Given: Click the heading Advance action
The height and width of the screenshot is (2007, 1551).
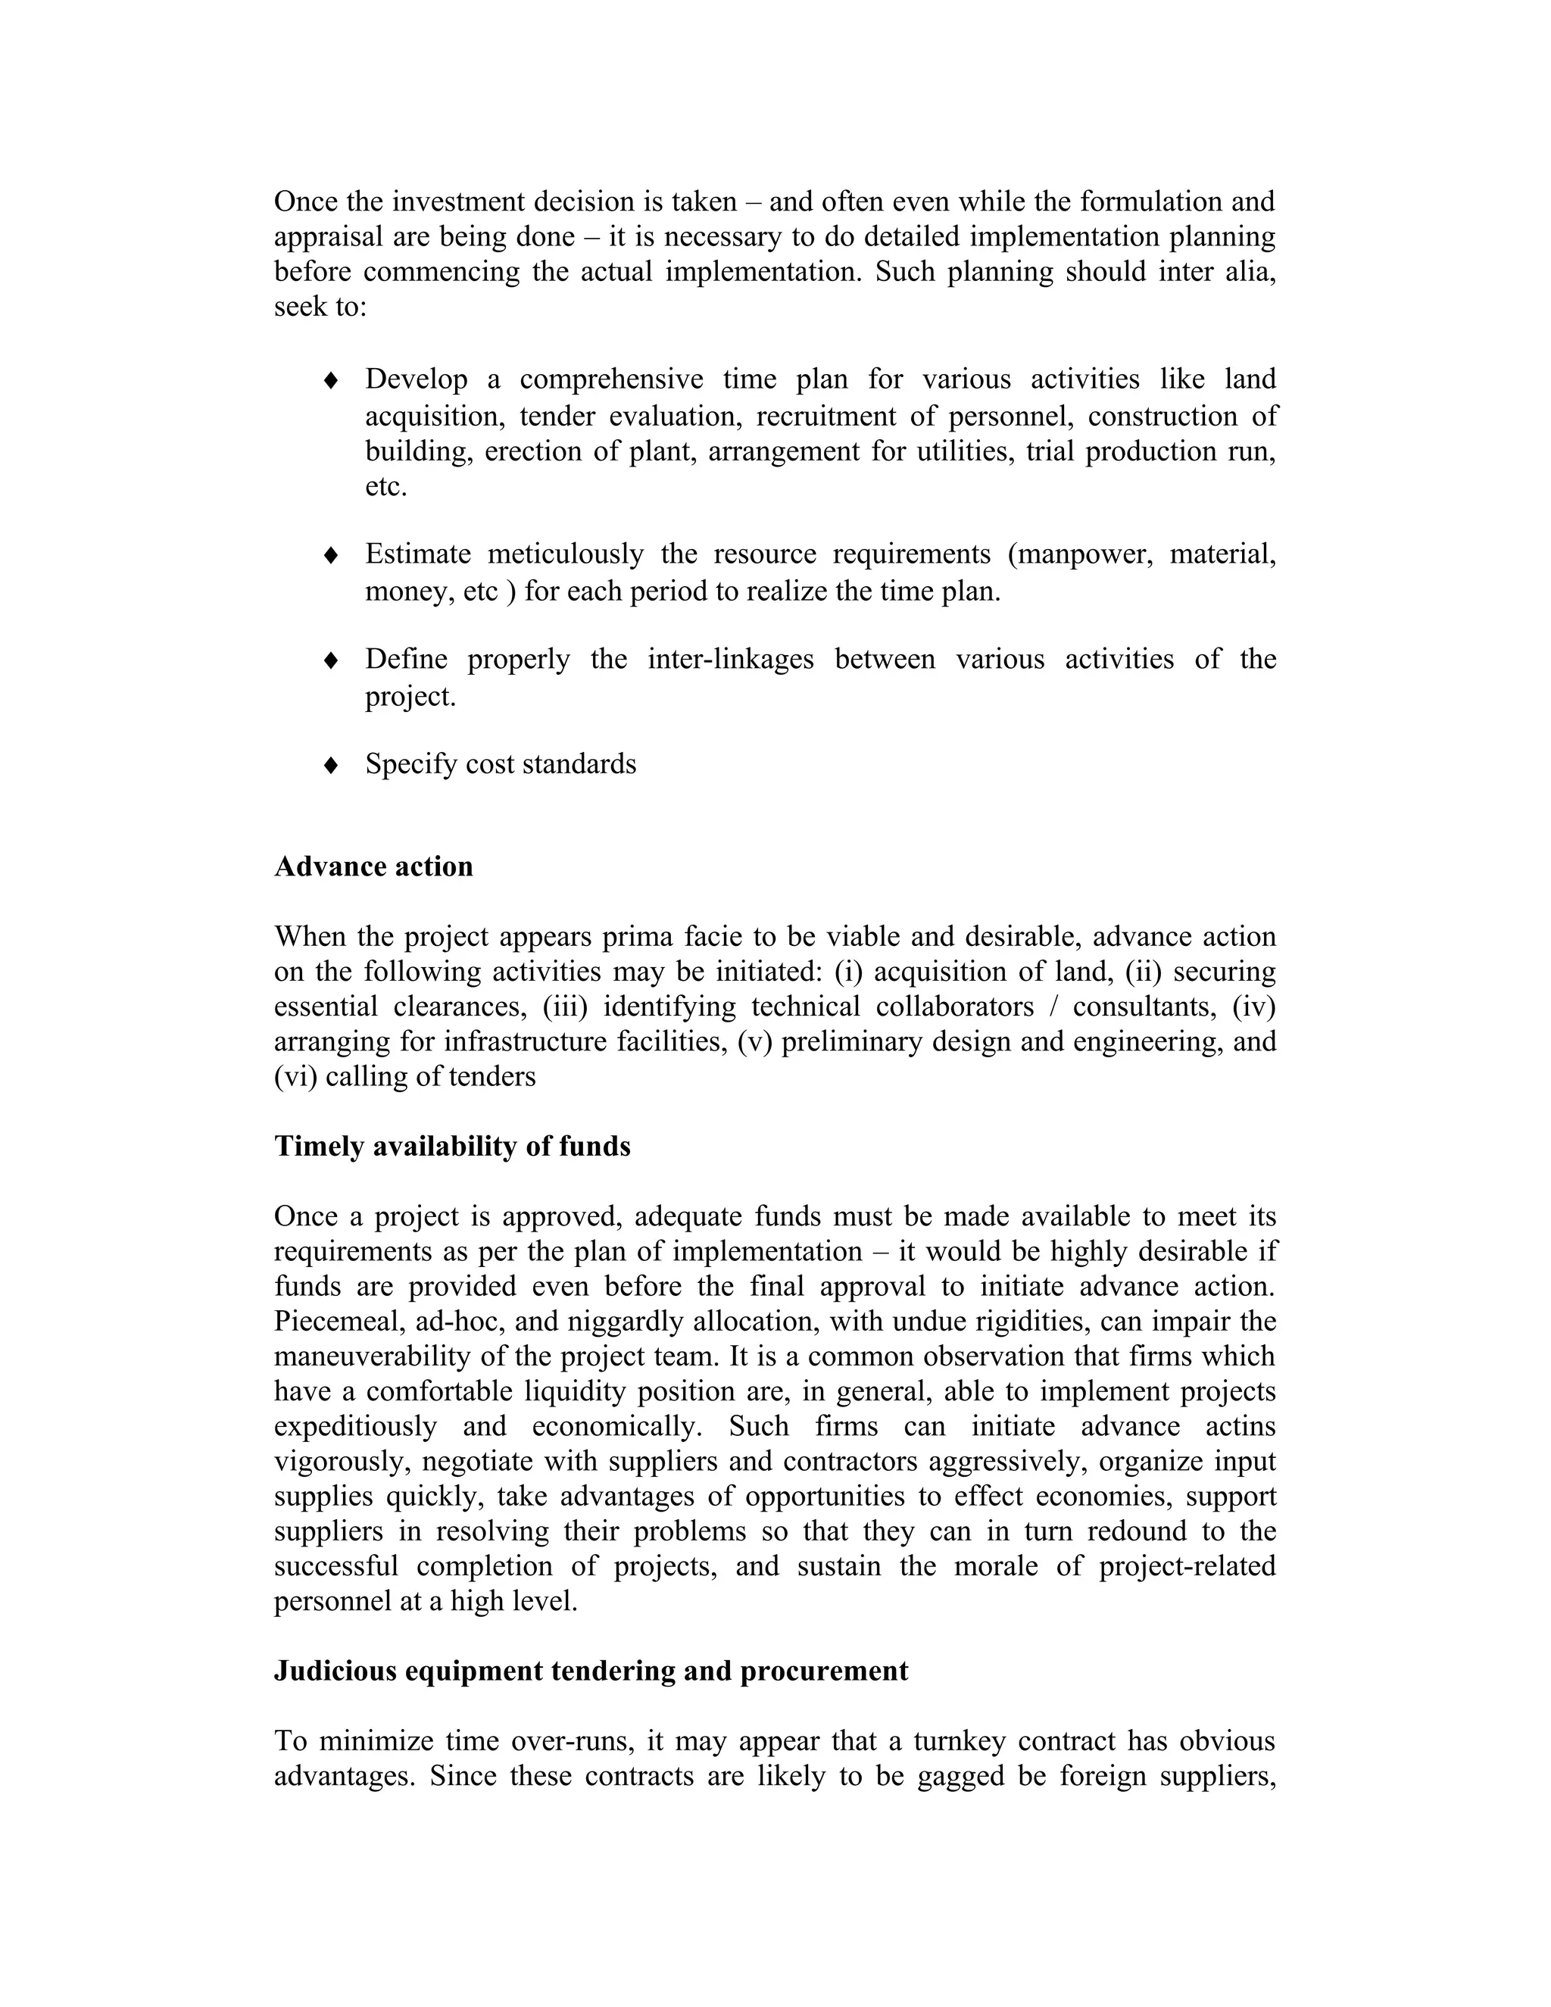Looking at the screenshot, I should [373, 866].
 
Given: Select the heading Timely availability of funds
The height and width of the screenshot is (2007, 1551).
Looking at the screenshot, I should [452, 1146].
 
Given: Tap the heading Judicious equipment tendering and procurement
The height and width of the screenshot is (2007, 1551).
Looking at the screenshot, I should [591, 1670].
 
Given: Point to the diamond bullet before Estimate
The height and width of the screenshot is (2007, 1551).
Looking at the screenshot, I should [332, 555].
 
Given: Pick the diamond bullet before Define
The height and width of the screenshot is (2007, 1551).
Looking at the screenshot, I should [332, 660].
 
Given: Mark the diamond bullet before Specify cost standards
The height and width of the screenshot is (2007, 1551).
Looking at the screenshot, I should [332, 766].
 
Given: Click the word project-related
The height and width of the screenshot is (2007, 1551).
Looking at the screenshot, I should [1187, 1566].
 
